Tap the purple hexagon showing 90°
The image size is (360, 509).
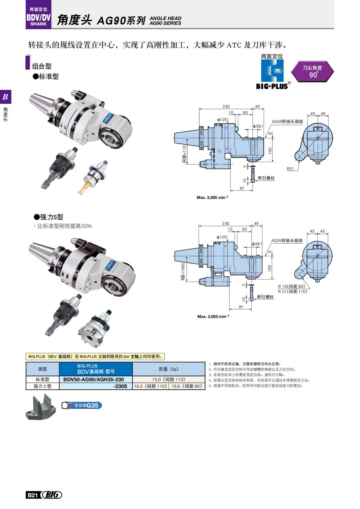pos(312,71)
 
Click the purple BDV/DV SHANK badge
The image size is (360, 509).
pos(38,17)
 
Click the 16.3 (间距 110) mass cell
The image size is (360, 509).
pos(150,386)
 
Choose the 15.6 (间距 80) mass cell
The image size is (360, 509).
pos(187,386)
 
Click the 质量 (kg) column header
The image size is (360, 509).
pos(169,369)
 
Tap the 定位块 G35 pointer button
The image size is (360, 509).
pos(82,406)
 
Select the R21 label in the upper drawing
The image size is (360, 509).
pos(290,169)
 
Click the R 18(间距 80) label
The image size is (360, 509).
pos(291,286)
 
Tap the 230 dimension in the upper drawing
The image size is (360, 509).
pos(226,106)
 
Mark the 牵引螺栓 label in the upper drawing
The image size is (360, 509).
pos(266,178)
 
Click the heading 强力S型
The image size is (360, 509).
pos(48,217)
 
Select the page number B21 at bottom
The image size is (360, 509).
pos(32,495)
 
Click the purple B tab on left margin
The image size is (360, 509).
pos(5,97)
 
